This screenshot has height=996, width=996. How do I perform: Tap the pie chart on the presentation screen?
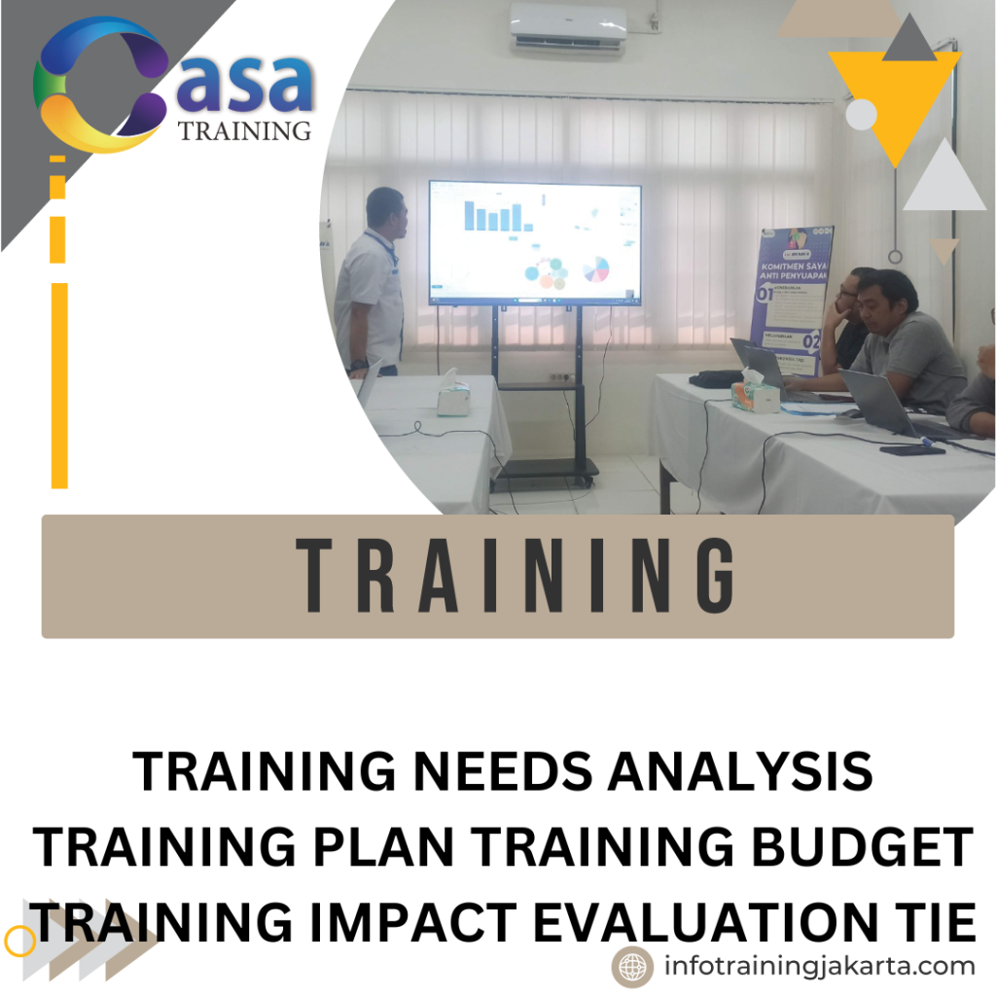[595, 268]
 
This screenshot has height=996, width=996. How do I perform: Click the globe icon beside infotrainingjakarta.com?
[632, 967]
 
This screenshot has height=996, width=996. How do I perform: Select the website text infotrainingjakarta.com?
[819, 967]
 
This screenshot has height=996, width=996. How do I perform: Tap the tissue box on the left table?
[452, 396]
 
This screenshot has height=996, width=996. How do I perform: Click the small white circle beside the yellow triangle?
[862, 115]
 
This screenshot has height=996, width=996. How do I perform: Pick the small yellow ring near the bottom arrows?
[19, 941]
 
